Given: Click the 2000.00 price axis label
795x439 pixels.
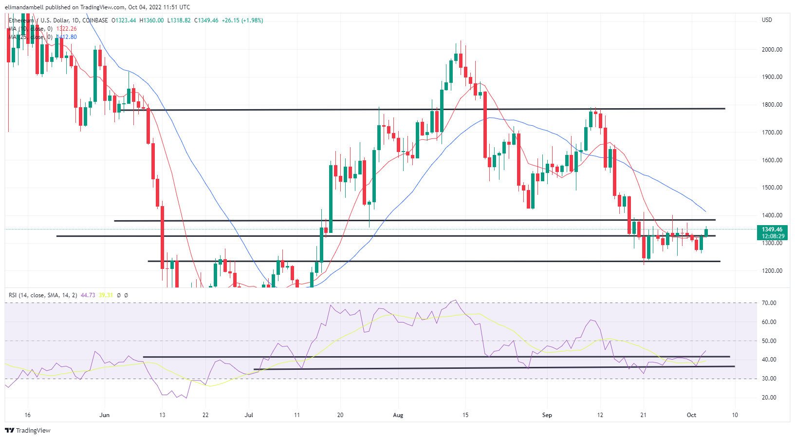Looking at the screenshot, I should point(772,50).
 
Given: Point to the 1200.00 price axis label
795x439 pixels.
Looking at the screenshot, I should point(772,271).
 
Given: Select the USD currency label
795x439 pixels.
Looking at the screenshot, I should point(767,20).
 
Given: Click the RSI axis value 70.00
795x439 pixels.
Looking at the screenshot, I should point(769,303).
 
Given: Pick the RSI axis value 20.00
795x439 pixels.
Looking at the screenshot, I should point(769,398).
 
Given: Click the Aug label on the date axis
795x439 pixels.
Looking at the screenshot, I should point(398,415).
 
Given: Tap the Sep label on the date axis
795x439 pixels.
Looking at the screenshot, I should point(547,415).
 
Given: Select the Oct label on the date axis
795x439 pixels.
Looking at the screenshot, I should point(691,415).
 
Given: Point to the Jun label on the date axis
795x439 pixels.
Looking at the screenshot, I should point(104,415).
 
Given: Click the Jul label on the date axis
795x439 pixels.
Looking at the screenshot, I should point(249,415).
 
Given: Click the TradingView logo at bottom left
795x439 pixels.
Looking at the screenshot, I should point(28,431).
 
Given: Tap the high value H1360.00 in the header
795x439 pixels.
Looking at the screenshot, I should point(151,20).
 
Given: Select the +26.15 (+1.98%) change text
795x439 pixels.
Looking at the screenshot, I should point(242,20).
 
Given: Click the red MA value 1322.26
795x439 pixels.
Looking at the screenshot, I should point(66,29).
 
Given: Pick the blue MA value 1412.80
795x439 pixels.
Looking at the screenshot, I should point(67,37).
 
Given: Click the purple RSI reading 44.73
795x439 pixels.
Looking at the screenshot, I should point(88,295).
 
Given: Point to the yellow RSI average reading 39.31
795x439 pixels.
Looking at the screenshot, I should point(106,295).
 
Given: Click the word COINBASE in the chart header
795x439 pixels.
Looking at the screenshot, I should point(95,20).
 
